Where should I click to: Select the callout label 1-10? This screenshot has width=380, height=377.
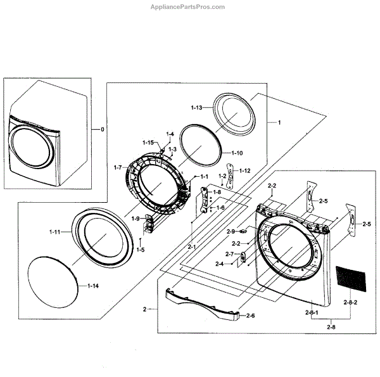[x=237, y=153]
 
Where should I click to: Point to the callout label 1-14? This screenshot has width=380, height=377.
[x=92, y=287]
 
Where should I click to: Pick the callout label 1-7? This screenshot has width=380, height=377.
[x=117, y=167]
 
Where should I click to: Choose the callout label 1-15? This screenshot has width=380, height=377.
[x=149, y=143]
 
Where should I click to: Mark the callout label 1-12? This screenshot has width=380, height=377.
[x=244, y=170]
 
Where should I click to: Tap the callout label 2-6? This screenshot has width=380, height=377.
[x=250, y=316]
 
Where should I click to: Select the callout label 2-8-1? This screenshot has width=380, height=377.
[x=312, y=314]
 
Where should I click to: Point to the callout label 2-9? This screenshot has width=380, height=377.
[x=231, y=231]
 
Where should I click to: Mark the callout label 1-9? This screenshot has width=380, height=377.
[x=136, y=219]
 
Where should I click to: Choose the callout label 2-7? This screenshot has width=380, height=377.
[x=230, y=254]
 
